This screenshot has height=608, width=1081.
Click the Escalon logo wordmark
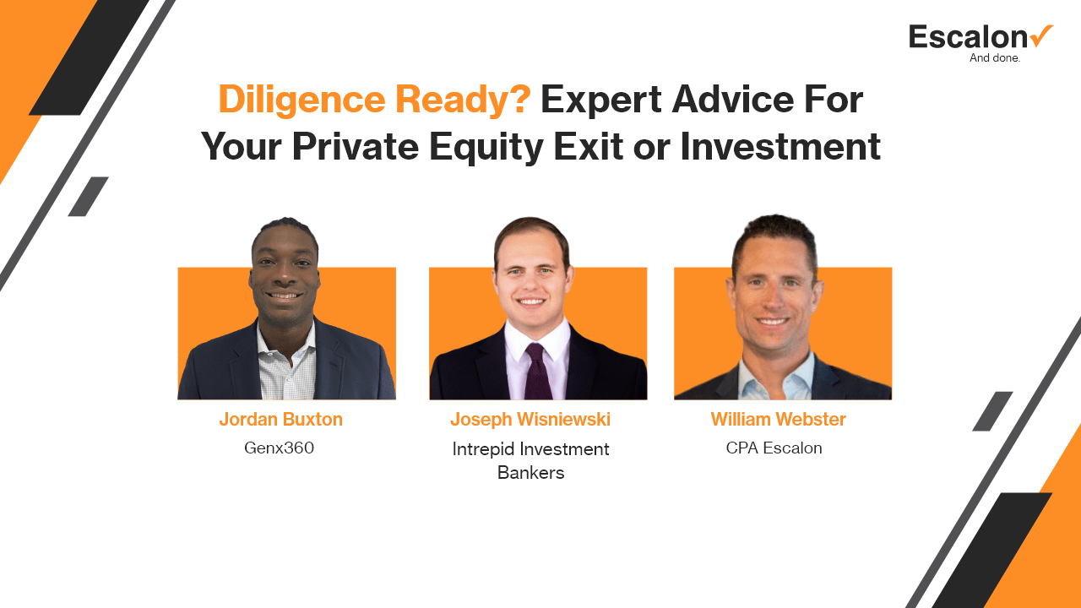968,37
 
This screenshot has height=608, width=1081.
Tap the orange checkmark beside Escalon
1041,36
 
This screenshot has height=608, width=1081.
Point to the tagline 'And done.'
995,58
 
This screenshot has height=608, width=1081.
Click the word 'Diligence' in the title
301,100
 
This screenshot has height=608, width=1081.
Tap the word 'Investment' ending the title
780,147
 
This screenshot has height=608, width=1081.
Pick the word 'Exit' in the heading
589,147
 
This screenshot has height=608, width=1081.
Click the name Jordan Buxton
281,420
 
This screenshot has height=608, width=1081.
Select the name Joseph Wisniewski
530,420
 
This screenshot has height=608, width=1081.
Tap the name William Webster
779,420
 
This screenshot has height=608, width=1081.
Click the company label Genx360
279,448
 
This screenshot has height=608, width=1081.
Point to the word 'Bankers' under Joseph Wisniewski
531,473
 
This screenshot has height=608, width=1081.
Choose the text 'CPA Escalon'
774,448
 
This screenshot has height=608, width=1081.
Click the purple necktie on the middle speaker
538,371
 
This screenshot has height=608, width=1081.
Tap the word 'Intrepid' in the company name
483,450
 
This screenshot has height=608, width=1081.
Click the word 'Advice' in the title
732,100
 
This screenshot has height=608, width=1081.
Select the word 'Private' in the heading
356,147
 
